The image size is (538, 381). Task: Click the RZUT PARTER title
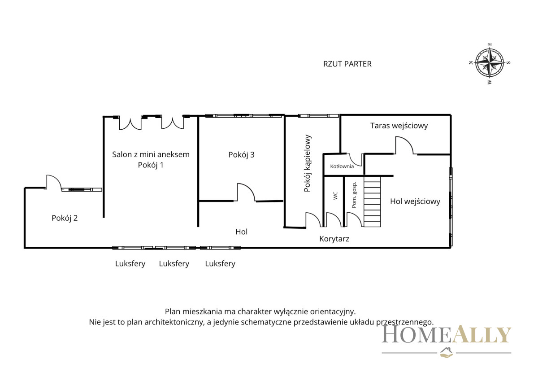click(347, 64)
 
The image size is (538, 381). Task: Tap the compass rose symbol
click(490, 63)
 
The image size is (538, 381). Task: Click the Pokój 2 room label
click(65, 218)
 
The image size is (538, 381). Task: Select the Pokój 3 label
click(241, 154)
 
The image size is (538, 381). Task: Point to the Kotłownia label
click(342, 166)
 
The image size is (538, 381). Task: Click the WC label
click(335, 196)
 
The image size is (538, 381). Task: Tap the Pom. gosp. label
click(354, 195)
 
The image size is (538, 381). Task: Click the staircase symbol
click(372, 201)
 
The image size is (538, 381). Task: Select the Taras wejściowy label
click(399, 126)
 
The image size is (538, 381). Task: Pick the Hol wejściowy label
click(415, 201)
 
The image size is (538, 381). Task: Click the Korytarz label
click(334, 239)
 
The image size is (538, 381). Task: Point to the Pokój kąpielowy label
click(307, 163)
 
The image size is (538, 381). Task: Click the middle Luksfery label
click(174, 264)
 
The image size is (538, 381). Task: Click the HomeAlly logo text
click(447, 334)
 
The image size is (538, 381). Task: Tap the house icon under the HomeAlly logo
click(446, 353)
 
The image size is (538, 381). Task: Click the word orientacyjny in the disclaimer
click(333, 312)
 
